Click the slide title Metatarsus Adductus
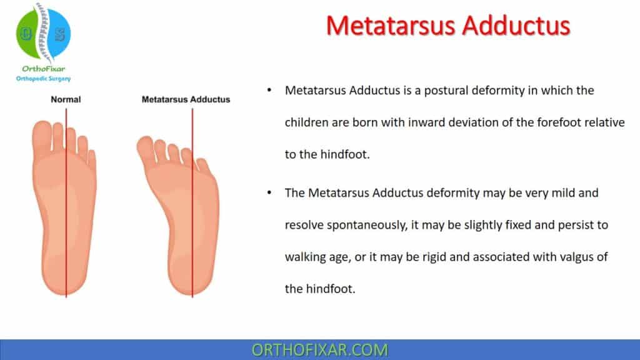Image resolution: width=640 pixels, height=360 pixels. click(448, 26)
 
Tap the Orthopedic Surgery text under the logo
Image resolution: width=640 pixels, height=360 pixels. click(43, 79)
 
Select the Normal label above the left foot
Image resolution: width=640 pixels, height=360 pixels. click(66, 99)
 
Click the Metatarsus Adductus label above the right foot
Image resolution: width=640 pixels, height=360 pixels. click(186, 99)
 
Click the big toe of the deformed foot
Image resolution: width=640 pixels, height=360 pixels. click(145, 148)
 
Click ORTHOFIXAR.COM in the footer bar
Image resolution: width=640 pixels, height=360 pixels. click(319, 349)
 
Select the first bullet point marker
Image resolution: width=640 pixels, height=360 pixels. click(269, 91)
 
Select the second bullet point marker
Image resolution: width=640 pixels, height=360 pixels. click(269, 193)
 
